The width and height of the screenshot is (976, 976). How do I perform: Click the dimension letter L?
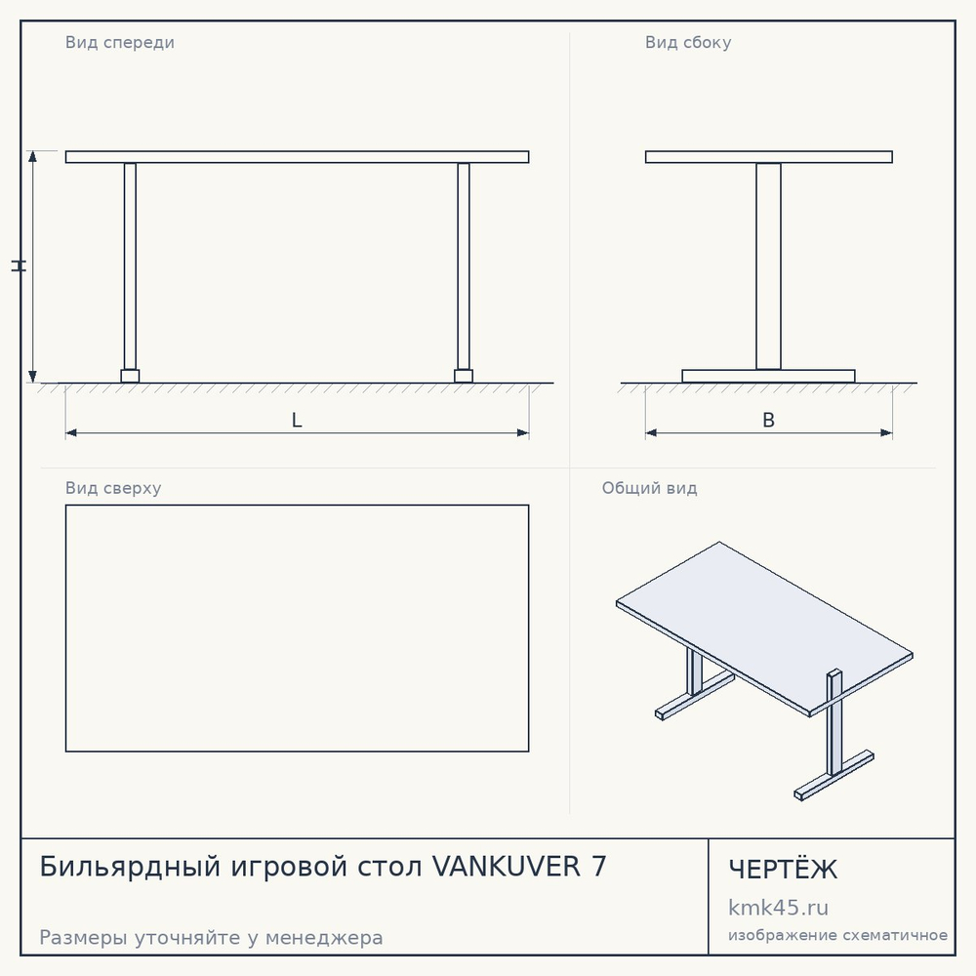point(297,420)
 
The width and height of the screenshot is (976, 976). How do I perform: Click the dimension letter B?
point(769,420)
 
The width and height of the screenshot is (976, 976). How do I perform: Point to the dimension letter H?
point(19,265)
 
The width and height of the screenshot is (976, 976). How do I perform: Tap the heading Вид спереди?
point(119,42)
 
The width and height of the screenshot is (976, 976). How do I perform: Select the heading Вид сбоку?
point(688,42)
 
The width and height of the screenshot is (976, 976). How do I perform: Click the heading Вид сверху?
point(113,488)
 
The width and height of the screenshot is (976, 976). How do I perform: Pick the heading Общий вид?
point(649,488)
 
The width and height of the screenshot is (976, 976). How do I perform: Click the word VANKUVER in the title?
point(506,867)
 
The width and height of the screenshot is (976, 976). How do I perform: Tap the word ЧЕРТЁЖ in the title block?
point(783,869)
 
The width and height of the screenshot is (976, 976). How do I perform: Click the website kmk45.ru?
point(778,908)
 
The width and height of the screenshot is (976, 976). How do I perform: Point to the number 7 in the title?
point(599,867)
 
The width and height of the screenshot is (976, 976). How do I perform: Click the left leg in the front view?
point(130,266)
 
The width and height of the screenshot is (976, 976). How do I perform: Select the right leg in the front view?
point(463,266)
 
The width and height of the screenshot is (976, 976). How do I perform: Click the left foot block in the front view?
point(130,376)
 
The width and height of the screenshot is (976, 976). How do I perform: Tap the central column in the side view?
point(769,266)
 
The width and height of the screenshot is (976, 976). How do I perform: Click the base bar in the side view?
point(769,376)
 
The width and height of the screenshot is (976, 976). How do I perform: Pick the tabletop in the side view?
point(769,157)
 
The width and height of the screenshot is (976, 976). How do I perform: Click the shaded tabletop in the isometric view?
point(764,628)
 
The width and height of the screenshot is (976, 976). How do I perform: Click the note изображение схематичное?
point(837,935)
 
